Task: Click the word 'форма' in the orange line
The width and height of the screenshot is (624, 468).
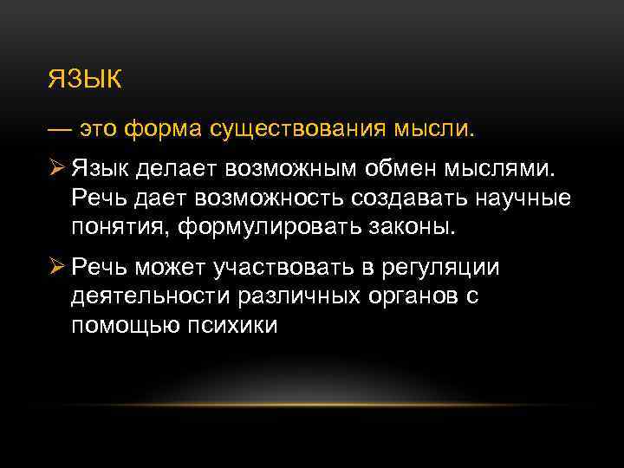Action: click(x=163, y=130)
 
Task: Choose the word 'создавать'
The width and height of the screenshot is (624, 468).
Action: click(x=407, y=198)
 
